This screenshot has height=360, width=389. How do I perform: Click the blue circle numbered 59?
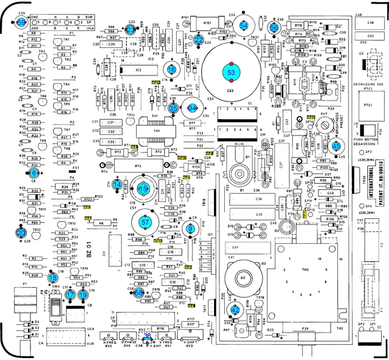(21, 22)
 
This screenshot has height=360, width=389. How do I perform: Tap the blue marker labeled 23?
(131, 29)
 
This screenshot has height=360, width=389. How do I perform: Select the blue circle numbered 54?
(244, 26)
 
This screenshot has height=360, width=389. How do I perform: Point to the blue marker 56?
(274, 27)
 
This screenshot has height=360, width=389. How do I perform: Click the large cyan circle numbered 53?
(231, 72)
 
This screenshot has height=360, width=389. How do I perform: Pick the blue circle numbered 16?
(172, 70)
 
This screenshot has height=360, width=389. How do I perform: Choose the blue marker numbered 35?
(173, 108)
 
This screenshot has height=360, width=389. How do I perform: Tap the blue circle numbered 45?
(336, 145)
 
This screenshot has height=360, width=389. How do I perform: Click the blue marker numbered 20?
(21, 232)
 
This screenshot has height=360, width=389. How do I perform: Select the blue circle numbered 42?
(236, 309)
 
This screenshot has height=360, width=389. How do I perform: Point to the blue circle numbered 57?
(145, 223)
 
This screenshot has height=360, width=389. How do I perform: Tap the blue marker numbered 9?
(191, 229)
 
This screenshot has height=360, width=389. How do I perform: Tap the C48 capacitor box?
(370, 22)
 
